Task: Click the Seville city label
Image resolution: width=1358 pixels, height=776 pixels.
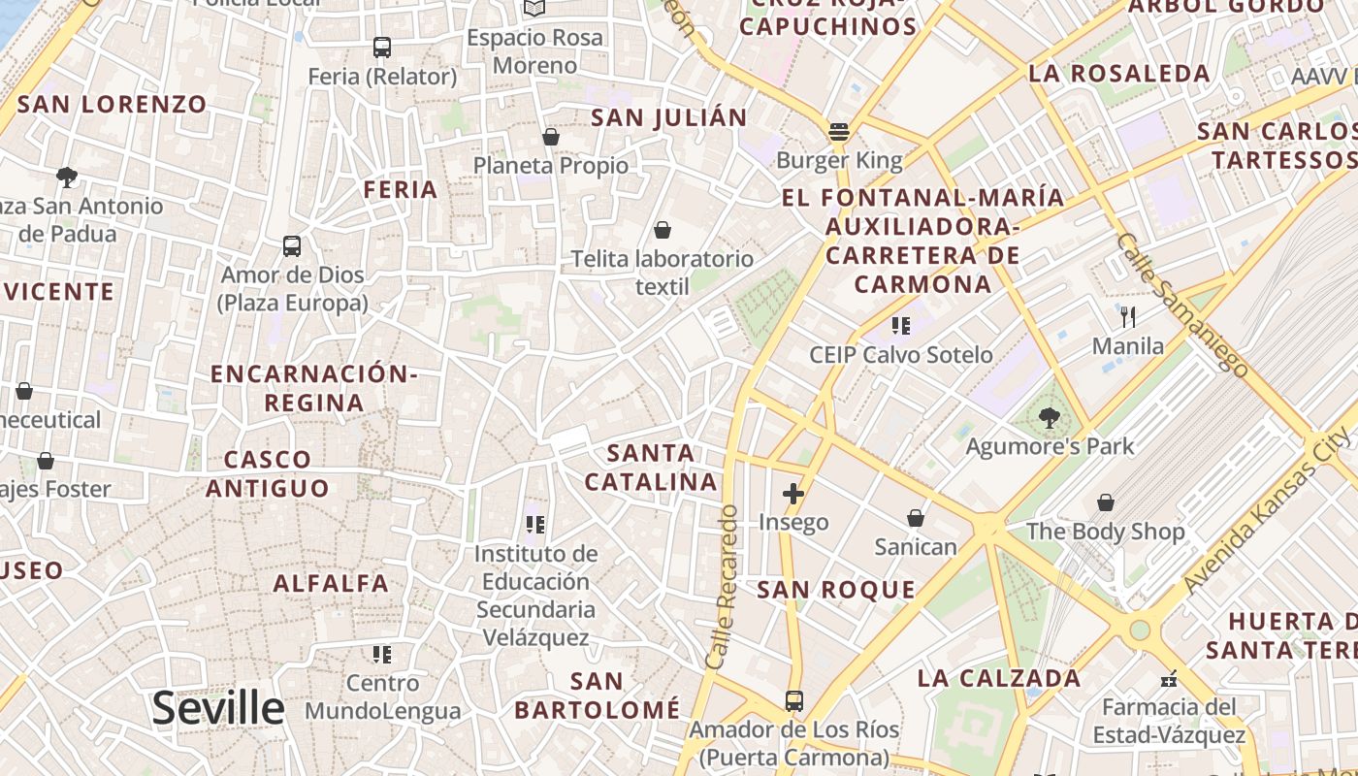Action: coord(217,709)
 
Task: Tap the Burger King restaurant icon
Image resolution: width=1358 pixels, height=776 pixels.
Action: coord(839,132)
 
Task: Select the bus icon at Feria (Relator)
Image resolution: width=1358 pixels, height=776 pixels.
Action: coord(382,47)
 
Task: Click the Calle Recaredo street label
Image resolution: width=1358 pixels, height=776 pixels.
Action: coord(722,587)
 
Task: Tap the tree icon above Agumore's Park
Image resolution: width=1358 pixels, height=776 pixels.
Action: coord(1049,418)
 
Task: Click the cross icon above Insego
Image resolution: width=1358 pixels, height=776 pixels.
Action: coord(793,494)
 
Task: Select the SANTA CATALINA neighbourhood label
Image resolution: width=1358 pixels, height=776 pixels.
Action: coord(651,467)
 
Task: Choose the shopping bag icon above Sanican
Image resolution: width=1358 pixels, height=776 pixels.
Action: coord(915,518)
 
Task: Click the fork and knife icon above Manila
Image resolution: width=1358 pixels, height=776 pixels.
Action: coord(1127,316)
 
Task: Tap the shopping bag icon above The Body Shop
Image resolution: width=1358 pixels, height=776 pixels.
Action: coord(1105,502)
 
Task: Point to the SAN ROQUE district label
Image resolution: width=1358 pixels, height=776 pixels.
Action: coord(836,590)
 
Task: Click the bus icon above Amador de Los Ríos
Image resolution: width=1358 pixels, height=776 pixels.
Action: coord(793,700)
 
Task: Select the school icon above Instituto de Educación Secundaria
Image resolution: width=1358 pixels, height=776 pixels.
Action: coord(534,525)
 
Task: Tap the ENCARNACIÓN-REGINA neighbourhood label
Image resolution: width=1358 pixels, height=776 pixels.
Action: coord(313,388)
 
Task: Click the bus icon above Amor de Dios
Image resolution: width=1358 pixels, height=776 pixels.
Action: coord(292,246)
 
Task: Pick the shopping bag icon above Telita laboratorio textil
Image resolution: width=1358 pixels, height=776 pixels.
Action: coord(662,230)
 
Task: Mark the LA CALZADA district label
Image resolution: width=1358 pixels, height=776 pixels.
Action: coord(999,678)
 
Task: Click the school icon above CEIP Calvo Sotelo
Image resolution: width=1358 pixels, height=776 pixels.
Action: coord(901,326)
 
